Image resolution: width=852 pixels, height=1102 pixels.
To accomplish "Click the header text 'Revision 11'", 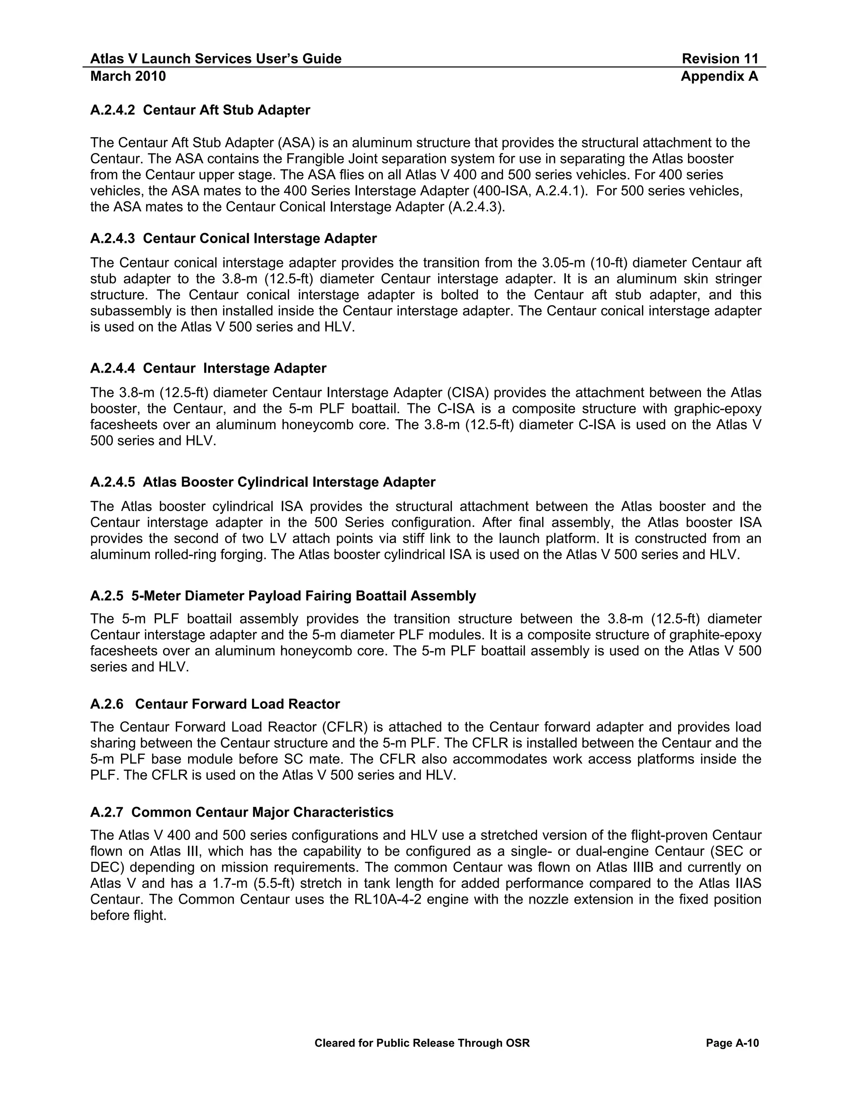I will pyautogui.click(x=720, y=59).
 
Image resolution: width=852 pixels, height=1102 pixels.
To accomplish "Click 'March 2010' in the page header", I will pyautogui.click(x=128, y=76).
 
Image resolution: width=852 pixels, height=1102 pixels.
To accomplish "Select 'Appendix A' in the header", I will pyautogui.click(x=719, y=76).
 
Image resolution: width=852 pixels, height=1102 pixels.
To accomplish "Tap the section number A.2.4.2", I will pyautogui.click(x=112, y=110).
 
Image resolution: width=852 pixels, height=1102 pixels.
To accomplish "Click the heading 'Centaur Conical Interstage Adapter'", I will pyautogui.click(x=260, y=238).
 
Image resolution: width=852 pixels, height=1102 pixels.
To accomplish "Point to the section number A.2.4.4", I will pyautogui.click(x=112, y=368).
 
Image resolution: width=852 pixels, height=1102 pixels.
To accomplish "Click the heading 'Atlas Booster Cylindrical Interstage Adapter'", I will pyautogui.click(x=289, y=482).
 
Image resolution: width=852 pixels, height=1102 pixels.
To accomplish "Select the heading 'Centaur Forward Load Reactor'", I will pyautogui.click(x=237, y=704).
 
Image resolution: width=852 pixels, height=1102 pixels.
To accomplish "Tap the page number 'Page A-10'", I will pyautogui.click(x=732, y=1043).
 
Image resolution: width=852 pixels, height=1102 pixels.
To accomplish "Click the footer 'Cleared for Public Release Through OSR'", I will pyautogui.click(x=422, y=1043).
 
